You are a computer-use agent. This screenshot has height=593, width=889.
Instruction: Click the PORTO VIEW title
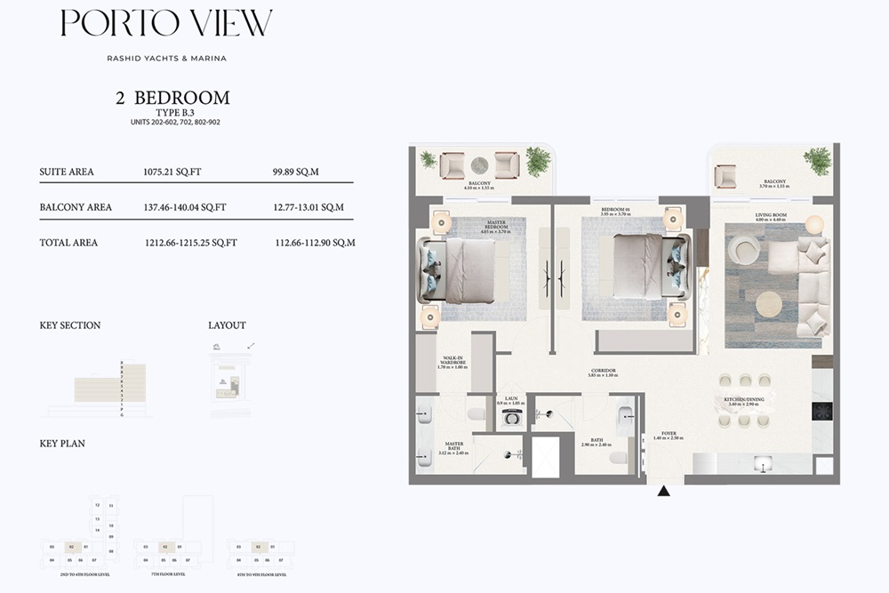point(166,24)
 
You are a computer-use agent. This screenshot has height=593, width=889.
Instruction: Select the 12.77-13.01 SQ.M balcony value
point(308,207)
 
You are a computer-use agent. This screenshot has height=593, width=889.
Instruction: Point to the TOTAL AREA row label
point(68,242)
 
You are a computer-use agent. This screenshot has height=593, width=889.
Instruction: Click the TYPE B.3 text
point(173,113)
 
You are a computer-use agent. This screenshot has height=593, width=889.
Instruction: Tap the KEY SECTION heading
point(70,325)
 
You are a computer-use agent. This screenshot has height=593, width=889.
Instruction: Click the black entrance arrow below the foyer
point(663,490)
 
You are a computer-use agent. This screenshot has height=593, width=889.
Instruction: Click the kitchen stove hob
point(821,411)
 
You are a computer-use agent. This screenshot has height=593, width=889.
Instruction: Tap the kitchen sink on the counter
point(761,463)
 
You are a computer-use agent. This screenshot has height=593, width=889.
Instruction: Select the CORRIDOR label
point(603,372)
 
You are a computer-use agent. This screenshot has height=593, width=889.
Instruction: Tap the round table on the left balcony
point(480,164)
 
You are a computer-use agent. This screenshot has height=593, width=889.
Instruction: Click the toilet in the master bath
point(477,413)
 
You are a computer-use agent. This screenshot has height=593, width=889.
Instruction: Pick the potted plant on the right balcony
point(817,161)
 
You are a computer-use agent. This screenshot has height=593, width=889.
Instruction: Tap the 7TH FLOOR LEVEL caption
point(160,574)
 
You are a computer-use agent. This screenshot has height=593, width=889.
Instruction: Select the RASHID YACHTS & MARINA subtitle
point(167,59)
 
